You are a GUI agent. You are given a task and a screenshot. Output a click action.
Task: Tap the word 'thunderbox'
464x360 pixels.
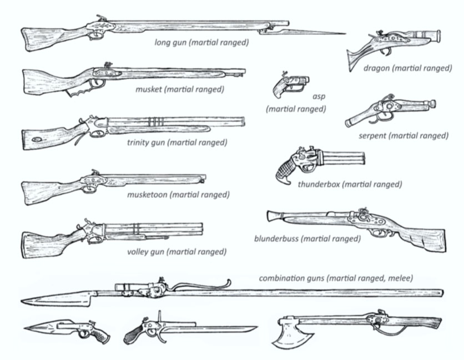tap(319, 184)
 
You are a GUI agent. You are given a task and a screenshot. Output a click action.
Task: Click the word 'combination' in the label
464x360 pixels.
tap(284, 278)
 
